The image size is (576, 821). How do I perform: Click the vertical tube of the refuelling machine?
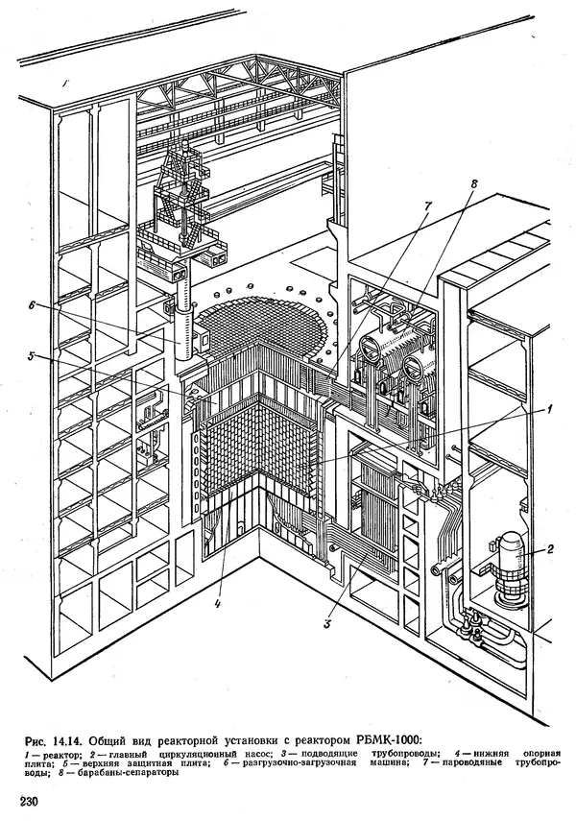(180, 336)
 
